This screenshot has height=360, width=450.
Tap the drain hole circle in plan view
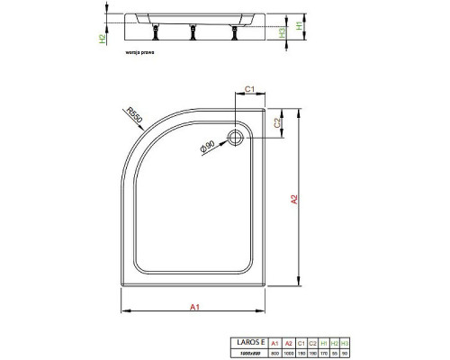pos(238,138)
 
